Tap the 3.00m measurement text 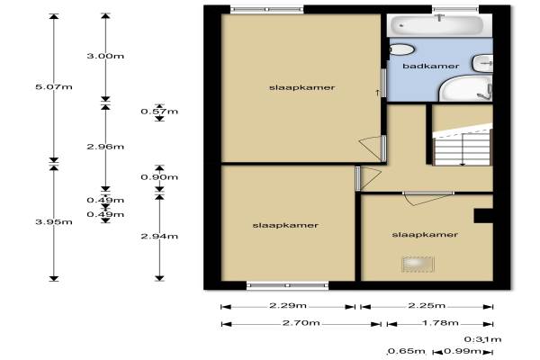pos(104,56)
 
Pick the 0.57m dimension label pos(159,112)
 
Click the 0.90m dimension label pos(159,177)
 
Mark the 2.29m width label pos(290,306)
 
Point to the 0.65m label pos(400,351)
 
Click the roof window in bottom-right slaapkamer pos(416,264)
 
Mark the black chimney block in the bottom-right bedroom pos(483,214)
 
